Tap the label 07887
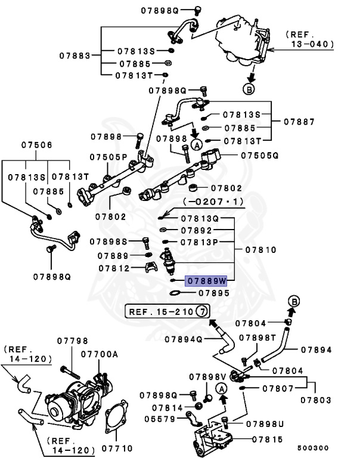(x=299, y=121)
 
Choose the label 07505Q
(x=260, y=155)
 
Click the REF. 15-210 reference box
(x=160, y=311)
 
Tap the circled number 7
(x=203, y=311)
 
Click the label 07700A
(x=100, y=354)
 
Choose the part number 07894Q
(x=181, y=339)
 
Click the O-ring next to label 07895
(x=175, y=293)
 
